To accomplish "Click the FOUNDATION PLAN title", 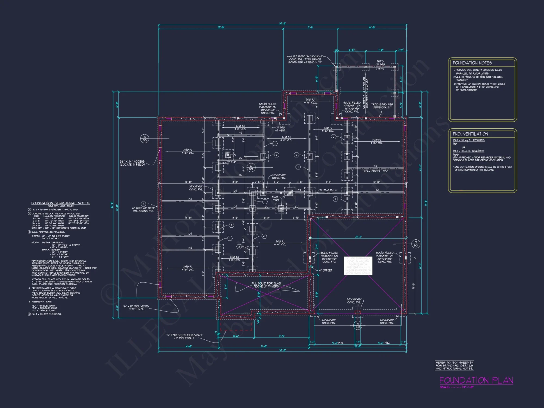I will coord(476,380).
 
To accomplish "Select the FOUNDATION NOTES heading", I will coord(472,63).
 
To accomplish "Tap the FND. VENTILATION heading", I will coord(470,134).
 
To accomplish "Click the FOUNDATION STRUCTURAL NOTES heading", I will coord(60,203).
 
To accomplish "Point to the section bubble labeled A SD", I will coord(358,325).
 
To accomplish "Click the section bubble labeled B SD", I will coord(416,244).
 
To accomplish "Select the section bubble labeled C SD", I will coord(144,138).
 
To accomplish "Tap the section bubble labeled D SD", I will coord(251,167).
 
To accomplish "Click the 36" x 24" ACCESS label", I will coord(132,163).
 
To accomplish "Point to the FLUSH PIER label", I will coord(276,198).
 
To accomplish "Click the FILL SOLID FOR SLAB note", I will coord(266,285).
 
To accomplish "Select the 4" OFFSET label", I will coord(325,270).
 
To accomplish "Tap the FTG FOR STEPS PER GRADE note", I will coord(184,336).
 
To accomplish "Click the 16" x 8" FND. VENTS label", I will coord(136,308).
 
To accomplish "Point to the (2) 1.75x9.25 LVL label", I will coord(328,190).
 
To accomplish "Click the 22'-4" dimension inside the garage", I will coord(358,237).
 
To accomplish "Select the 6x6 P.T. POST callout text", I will coord(305,59).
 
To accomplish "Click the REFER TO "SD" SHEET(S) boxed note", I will coord(454,366).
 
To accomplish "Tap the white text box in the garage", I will coord(358,266).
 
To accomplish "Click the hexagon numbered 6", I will coord(264,236).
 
